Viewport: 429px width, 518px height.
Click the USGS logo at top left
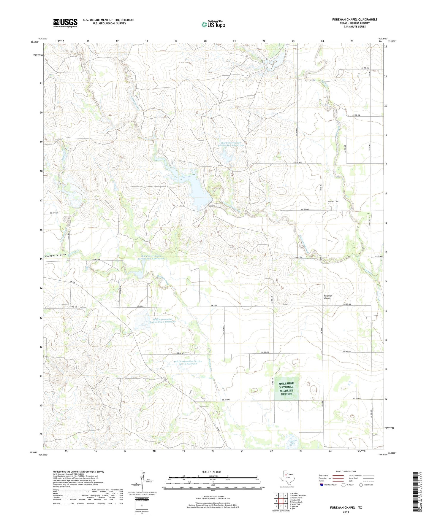(x=65, y=23)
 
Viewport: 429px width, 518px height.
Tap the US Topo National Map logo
(x=213, y=24)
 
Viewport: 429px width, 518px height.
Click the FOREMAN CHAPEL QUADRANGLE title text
(x=354, y=20)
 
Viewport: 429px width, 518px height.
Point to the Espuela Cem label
(x=333, y=201)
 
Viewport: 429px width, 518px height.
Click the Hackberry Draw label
(x=56, y=255)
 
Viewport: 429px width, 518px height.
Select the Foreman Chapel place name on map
(x=328, y=297)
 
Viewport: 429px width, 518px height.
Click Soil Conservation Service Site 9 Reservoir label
(x=162, y=320)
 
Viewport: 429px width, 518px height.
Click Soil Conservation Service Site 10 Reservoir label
(x=188, y=362)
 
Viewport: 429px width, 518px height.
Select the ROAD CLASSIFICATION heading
(x=346, y=471)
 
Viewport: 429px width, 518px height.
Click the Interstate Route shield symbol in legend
(x=322, y=485)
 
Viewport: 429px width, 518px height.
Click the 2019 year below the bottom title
(x=346, y=512)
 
